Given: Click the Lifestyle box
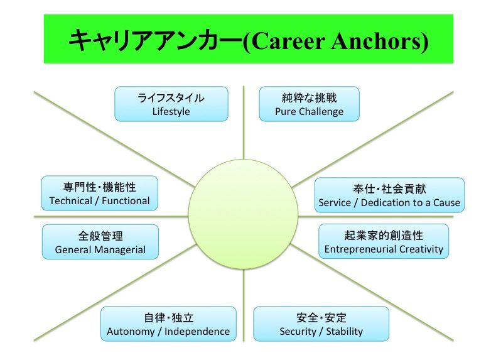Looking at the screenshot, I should coord(171,104).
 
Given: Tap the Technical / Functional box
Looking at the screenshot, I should coord(99,193).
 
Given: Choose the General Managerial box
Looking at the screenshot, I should coord(100,242).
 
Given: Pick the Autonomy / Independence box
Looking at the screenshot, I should coord(168,324).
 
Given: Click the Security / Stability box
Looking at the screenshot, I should coord(321,324).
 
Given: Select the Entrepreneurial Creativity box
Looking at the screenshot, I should coord(383,241).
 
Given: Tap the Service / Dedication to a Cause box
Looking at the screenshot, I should coord(389,195).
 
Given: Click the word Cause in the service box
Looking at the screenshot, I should coord(446,203).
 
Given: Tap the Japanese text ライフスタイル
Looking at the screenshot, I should coord(171,97).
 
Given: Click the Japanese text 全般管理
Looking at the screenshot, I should coord(100,236).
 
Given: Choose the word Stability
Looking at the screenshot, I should coord(344,331).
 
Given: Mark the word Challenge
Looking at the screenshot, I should coord(321,111).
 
